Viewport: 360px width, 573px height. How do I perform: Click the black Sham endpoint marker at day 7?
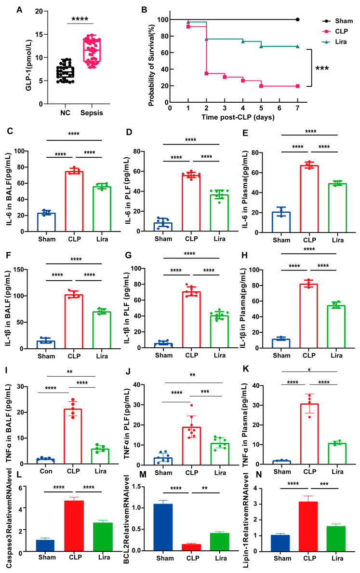[x=297, y=19]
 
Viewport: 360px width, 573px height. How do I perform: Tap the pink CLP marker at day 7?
[x=297, y=86]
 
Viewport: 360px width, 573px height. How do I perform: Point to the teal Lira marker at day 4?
[x=243, y=41]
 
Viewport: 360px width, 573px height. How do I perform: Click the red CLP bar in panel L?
[x=74, y=526]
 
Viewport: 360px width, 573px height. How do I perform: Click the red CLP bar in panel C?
[x=74, y=201]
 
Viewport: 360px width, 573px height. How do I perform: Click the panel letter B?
[x=144, y=10]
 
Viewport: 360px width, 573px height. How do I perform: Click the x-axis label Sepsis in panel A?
[x=92, y=113]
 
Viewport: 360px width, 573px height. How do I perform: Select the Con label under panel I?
[x=46, y=471]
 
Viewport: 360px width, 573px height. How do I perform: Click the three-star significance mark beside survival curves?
[x=322, y=68]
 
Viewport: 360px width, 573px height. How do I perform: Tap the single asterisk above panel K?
[x=309, y=370]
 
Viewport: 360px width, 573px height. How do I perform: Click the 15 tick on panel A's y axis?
[x=39, y=34]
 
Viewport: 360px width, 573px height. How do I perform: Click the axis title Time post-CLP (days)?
[x=238, y=117]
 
